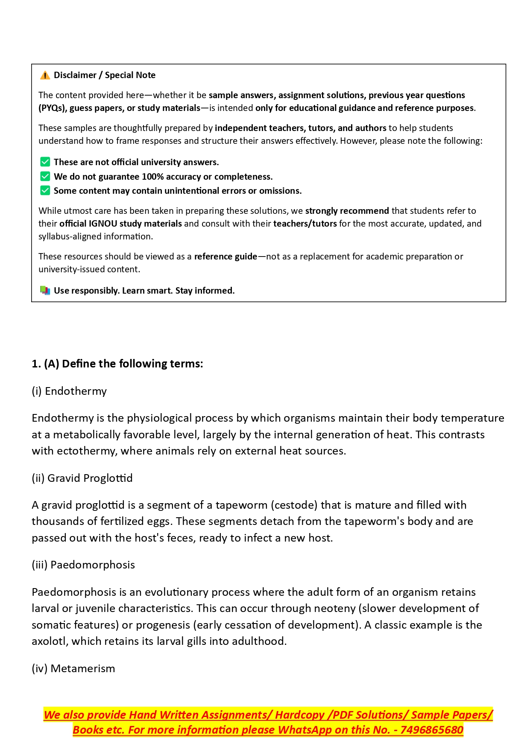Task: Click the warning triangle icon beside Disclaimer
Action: click(45, 76)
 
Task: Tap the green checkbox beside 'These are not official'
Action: click(45, 162)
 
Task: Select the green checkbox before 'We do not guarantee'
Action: click(45, 176)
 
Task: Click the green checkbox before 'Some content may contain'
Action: click(45, 190)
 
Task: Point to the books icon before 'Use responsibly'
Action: click(45, 291)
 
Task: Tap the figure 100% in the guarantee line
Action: click(152, 177)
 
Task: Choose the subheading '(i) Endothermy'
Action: click(69, 391)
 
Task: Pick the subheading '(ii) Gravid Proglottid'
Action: click(82, 478)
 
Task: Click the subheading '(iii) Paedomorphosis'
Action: click(83, 565)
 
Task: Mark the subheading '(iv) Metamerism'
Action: click(73, 668)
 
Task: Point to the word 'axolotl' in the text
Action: click(50, 641)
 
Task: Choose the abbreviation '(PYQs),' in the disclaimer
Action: click(53, 108)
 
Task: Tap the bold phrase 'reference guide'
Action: click(225, 256)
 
